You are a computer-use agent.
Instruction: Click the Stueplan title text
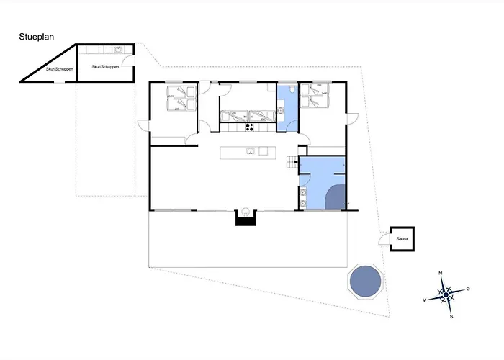[x=36, y=37]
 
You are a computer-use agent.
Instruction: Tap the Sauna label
[x=402, y=239]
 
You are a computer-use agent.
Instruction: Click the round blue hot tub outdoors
[x=366, y=282]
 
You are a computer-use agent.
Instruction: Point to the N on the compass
[x=441, y=273]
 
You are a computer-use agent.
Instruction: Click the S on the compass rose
[x=451, y=317]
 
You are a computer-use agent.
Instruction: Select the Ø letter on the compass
[x=468, y=289]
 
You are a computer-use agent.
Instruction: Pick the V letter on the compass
[x=424, y=300]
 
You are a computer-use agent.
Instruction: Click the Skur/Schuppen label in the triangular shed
[x=60, y=69]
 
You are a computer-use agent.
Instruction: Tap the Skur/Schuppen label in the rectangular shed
[x=105, y=67]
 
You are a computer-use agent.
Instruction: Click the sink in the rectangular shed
[x=118, y=50]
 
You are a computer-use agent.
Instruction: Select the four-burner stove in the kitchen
[x=249, y=127]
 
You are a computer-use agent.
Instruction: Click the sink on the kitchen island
[x=251, y=150]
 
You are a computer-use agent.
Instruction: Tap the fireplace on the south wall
[x=246, y=217]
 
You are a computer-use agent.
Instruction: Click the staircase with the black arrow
[x=292, y=162]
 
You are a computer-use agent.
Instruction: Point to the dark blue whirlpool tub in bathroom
[x=336, y=197]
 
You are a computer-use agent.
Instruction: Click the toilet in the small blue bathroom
[x=291, y=89]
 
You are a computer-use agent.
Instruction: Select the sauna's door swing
[x=384, y=240]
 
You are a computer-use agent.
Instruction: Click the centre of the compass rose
[x=446, y=294]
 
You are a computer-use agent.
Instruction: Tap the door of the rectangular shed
[x=128, y=60]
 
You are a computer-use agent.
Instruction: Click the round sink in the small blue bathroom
[x=281, y=111]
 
